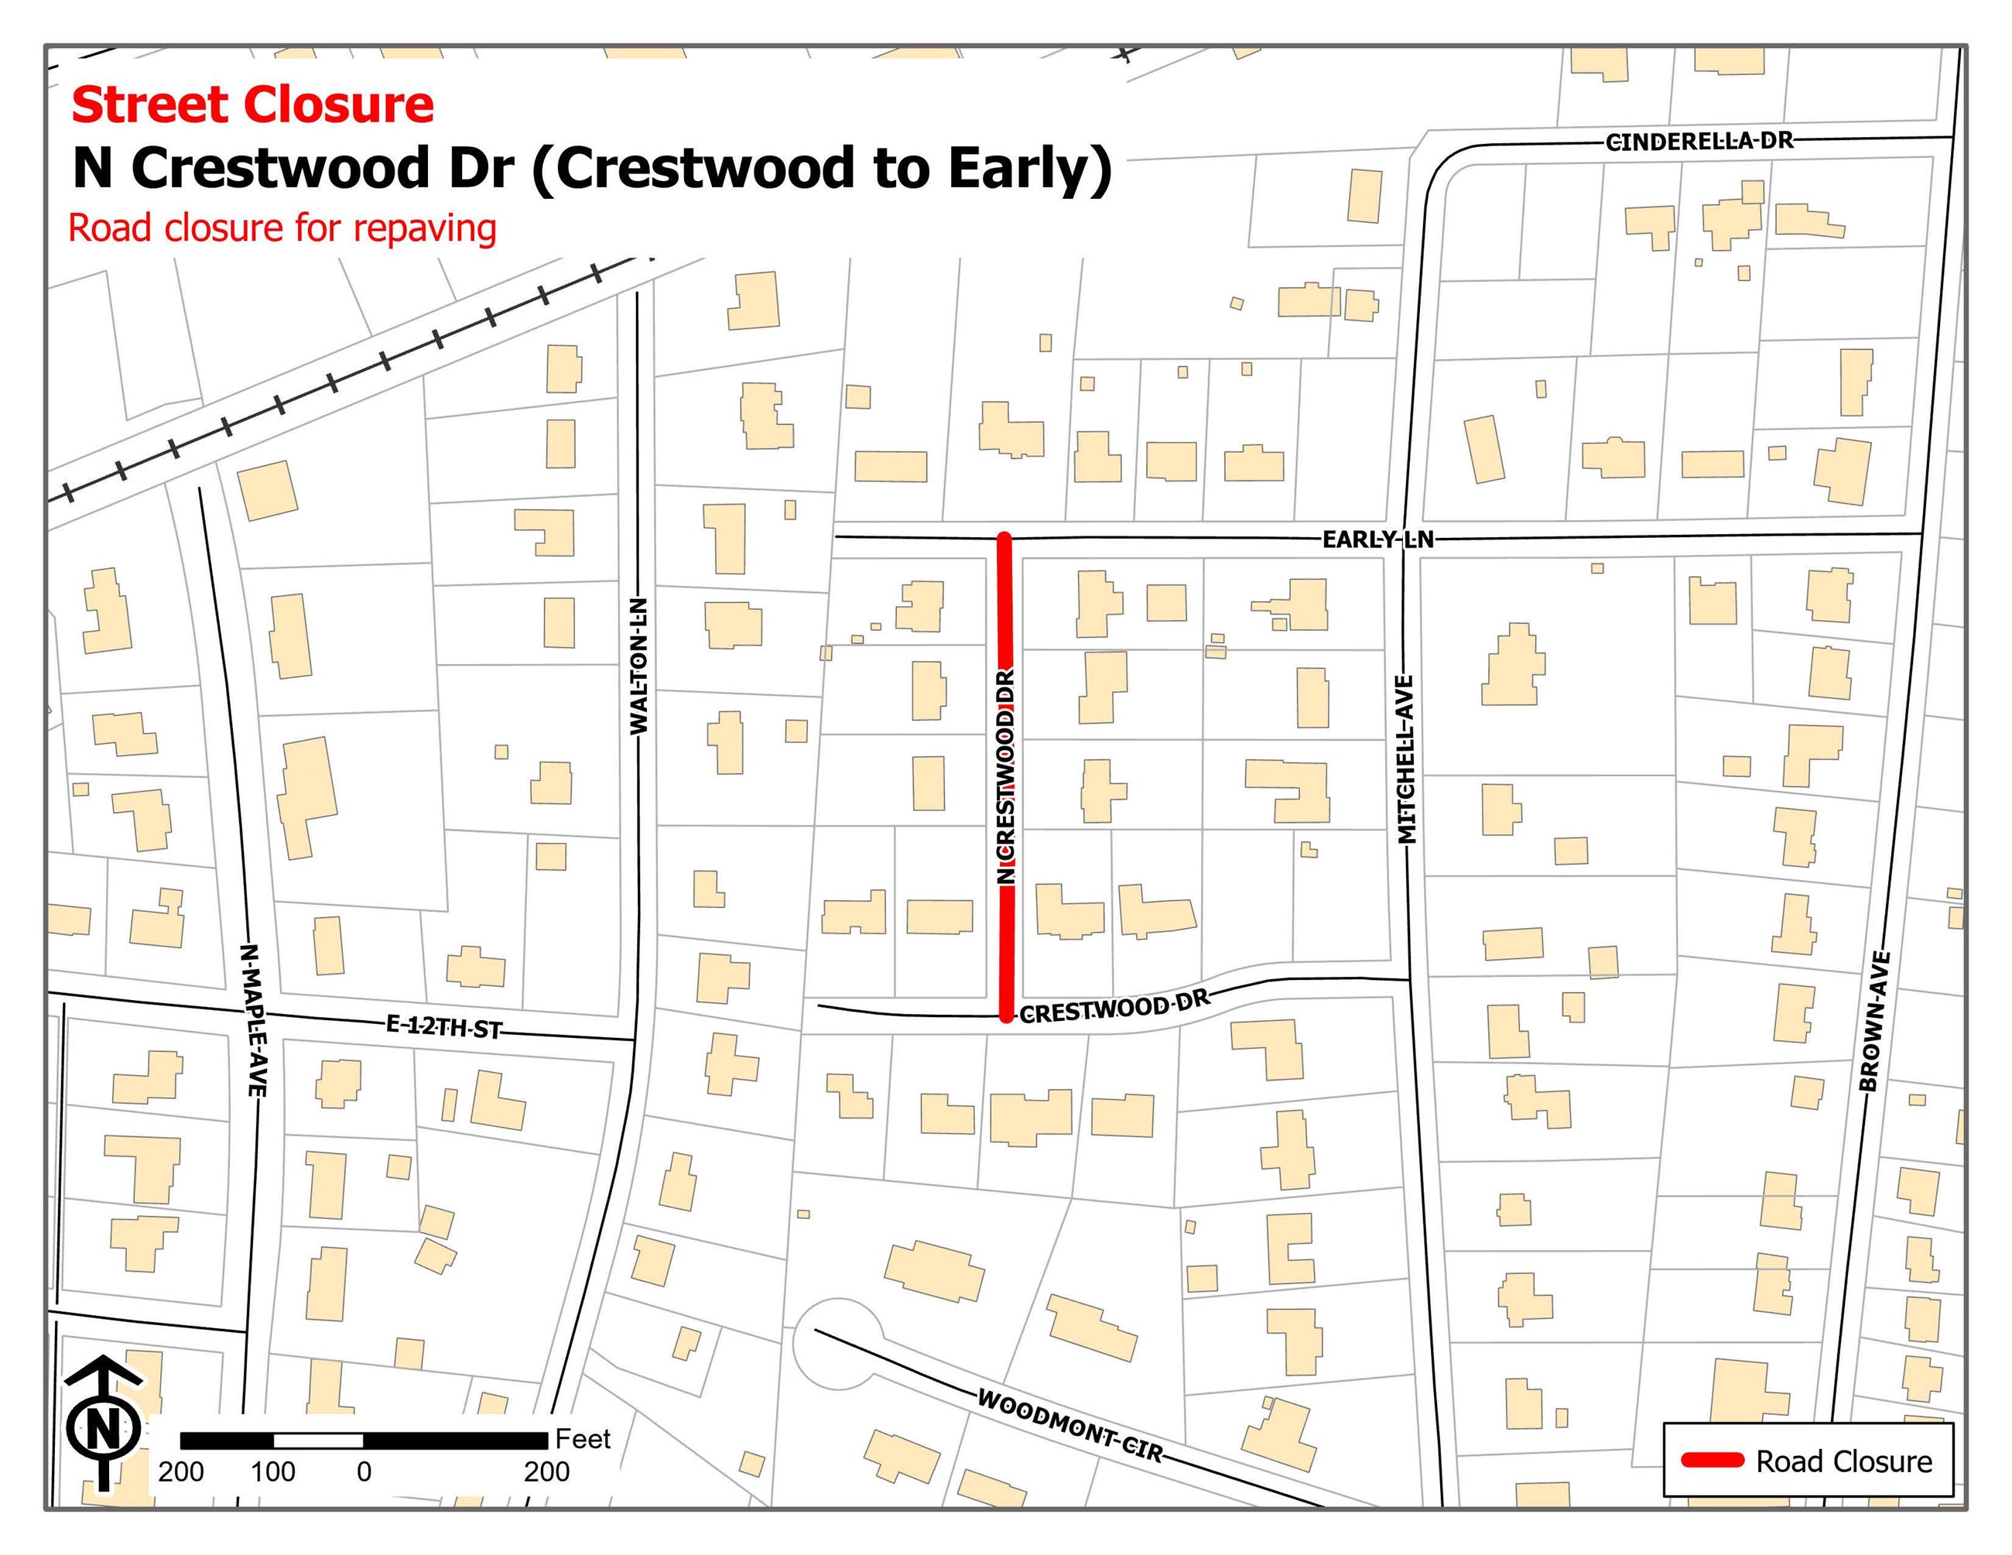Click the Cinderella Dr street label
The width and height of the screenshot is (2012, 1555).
[1699, 142]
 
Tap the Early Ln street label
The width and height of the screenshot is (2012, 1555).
[1377, 539]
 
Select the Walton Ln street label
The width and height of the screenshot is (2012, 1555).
[638, 666]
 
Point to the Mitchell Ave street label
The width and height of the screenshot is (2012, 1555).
[1406, 759]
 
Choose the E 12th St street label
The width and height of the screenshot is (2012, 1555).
[444, 1026]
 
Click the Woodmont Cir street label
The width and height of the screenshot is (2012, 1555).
[1069, 1425]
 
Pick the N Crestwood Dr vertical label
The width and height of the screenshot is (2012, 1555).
[1006, 776]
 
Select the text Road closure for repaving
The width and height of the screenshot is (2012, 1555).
[282, 228]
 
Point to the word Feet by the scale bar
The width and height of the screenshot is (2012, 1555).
[582, 1439]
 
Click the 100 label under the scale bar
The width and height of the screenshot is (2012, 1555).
[272, 1472]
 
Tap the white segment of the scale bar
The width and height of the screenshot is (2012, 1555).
[318, 1440]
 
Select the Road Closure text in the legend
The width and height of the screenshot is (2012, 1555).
[1843, 1461]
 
